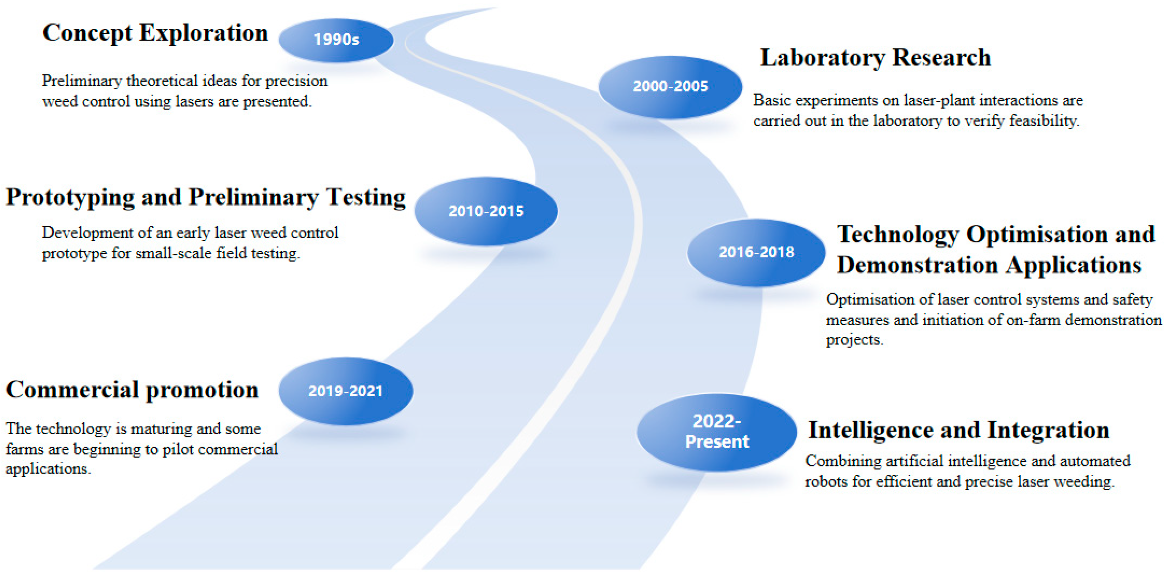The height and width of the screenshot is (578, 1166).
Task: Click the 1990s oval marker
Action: [x=336, y=40]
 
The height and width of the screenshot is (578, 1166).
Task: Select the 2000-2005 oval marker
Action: [x=670, y=87]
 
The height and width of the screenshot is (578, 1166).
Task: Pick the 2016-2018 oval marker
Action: [x=756, y=252]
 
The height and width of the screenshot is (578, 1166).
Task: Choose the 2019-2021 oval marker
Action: [x=346, y=391]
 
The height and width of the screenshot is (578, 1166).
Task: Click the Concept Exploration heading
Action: [x=155, y=34]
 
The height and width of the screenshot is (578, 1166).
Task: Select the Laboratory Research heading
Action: [x=875, y=58]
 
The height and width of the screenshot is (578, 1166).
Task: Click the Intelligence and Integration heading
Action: [x=959, y=430]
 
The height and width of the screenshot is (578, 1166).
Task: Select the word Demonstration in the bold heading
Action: [x=917, y=265]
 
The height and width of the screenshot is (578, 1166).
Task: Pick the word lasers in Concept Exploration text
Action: [x=194, y=101]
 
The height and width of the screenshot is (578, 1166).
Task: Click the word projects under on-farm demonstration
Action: [x=854, y=340]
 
